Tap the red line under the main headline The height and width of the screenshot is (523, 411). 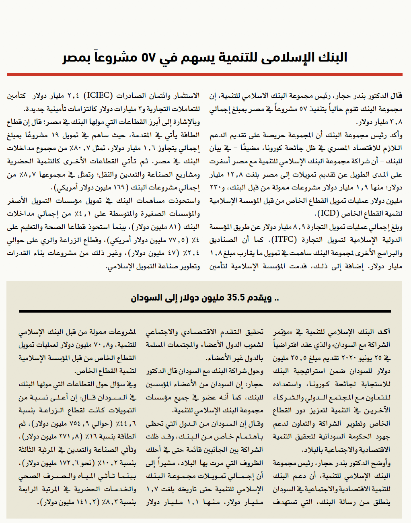(x=205, y=74)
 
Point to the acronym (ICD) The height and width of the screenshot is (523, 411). (x=327, y=213)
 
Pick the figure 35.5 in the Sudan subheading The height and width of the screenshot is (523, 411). (x=238, y=298)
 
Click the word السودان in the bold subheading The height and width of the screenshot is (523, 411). (x=146, y=298)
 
